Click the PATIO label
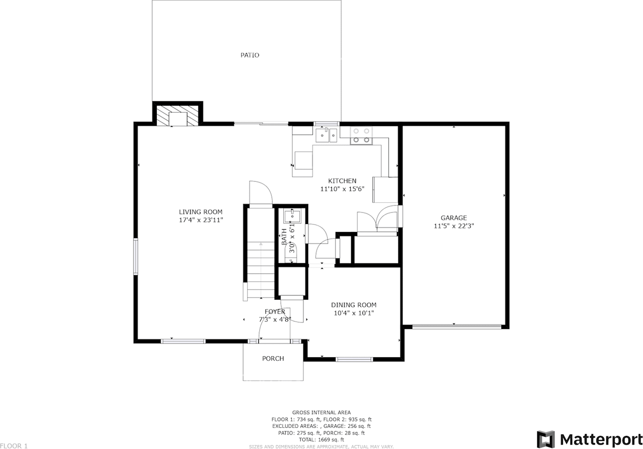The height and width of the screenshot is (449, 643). pyautogui.click(x=249, y=55)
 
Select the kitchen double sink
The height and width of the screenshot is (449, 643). pyautogui.click(x=327, y=135)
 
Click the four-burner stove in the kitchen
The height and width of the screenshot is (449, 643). pyautogui.click(x=361, y=135)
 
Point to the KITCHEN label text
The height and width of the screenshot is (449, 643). pyautogui.click(x=342, y=181)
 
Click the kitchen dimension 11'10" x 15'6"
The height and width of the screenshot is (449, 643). pyautogui.click(x=342, y=189)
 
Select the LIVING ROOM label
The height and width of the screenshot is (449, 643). pyautogui.click(x=201, y=212)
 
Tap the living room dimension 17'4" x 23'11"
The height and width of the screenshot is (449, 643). pyautogui.click(x=201, y=220)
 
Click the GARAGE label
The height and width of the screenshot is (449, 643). pyautogui.click(x=454, y=218)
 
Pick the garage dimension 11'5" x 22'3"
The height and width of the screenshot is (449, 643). pyautogui.click(x=454, y=226)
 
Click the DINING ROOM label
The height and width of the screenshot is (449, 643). pyautogui.click(x=353, y=305)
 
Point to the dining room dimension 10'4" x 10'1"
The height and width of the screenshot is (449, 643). pyautogui.click(x=353, y=313)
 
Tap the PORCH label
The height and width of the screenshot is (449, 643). pyautogui.click(x=273, y=359)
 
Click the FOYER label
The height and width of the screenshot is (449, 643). pyautogui.click(x=275, y=312)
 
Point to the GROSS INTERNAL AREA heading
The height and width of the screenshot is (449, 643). pyautogui.click(x=321, y=412)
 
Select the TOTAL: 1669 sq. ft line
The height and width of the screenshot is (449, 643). pyautogui.click(x=321, y=439)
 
